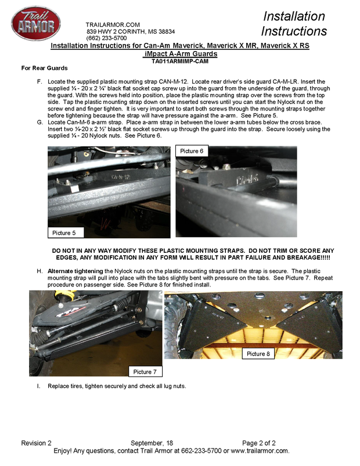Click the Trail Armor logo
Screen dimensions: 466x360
36,24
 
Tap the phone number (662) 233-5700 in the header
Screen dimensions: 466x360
107,38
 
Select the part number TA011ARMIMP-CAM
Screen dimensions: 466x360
180,60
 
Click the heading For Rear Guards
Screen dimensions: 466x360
45,69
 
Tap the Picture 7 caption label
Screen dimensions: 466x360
146,371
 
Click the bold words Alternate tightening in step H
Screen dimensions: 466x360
75,271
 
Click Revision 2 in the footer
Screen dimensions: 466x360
37,443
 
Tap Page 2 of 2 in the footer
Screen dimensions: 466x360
262,443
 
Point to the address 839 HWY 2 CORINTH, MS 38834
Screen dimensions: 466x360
131,31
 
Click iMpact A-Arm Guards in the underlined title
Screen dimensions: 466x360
180,53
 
